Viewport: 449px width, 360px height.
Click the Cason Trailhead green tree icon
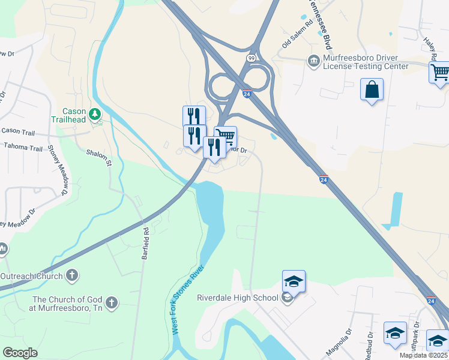[94, 113]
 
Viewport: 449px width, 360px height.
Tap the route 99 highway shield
[250, 58]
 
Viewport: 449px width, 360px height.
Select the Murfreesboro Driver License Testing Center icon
[313, 61]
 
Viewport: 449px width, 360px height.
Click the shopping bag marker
[372, 90]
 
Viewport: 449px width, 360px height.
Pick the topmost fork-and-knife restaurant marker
[194, 116]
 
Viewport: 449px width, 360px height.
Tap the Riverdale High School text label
[238, 298]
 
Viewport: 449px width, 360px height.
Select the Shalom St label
[100, 158]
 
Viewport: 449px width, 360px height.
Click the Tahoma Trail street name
[23, 147]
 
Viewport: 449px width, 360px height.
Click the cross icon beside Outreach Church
[71, 276]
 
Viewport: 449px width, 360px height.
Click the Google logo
[20, 353]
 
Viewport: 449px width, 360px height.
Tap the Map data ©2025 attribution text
[424, 355]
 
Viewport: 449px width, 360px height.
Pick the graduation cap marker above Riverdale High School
[294, 281]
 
